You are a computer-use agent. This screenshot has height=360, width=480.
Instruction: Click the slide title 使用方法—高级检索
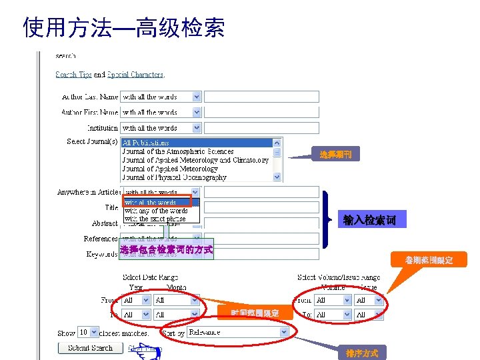point(124,27)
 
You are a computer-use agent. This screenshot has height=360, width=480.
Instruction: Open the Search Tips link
point(73,75)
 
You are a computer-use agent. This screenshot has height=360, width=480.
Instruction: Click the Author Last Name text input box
point(261,97)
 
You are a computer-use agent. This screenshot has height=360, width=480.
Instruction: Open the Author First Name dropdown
point(160,113)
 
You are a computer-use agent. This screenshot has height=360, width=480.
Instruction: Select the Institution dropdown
point(160,128)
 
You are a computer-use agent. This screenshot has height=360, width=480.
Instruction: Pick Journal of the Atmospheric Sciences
point(177,151)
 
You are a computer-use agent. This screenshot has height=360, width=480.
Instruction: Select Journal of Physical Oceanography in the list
point(174,177)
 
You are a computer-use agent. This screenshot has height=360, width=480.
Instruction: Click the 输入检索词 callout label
point(369,220)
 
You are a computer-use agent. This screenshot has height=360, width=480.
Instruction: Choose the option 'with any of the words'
point(156,211)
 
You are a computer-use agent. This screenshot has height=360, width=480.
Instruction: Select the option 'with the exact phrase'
point(155,219)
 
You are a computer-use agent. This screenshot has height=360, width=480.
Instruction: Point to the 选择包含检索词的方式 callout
point(166,250)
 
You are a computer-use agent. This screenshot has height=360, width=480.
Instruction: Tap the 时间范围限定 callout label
point(255,313)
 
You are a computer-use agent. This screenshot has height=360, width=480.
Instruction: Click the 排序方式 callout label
point(361,353)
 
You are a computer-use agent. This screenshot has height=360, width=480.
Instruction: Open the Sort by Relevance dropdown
point(239,331)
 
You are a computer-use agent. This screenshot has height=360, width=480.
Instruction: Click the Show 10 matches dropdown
point(88,332)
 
